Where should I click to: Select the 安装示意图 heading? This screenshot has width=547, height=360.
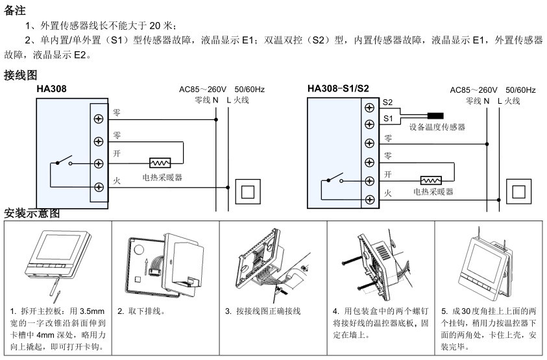[x=32, y=213]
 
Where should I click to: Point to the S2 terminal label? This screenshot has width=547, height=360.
[x=388, y=102]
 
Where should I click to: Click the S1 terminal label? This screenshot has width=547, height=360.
[x=388, y=118]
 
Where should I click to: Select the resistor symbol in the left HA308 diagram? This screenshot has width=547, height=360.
[x=159, y=163]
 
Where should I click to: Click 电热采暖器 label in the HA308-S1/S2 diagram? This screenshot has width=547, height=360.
[x=433, y=192]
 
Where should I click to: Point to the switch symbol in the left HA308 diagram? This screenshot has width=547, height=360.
[x=62, y=162]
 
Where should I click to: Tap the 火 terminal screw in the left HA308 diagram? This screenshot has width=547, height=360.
[x=99, y=187]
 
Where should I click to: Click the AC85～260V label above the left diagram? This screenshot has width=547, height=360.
[x=201, y=90]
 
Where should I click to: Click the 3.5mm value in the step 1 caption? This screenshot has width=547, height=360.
[x=94, y=311]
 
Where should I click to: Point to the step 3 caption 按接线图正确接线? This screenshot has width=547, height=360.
[x=266, y=311]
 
